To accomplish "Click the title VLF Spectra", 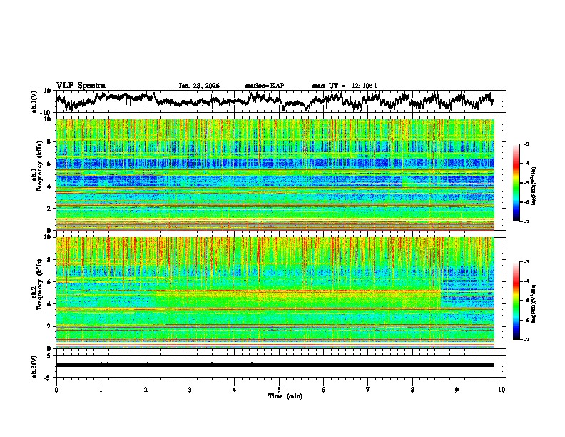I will [x=81, y=85].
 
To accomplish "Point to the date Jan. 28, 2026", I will [x=199, y=86].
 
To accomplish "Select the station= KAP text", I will [x=264, y=86].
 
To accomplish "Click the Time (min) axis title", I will [x=279, y=396].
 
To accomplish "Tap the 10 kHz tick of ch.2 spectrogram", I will [x=50, y=237].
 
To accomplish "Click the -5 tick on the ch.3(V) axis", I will [x=49, y=376].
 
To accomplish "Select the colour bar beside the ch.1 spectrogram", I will [x=516, y=182].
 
